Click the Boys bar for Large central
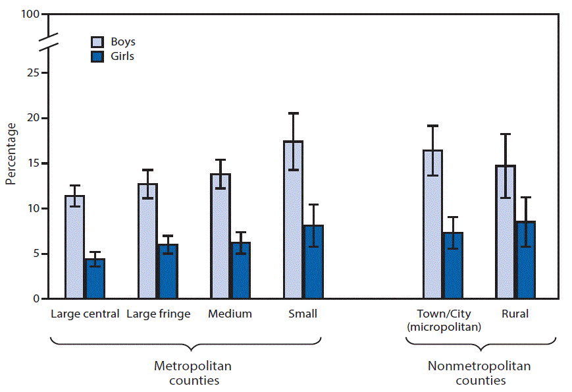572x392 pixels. click(74, 247)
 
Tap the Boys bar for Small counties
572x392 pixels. click(294, 220)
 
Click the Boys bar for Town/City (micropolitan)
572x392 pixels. click(432, 225)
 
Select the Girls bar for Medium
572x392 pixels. click(241, 271)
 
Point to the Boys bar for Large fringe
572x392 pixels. click(147, 241)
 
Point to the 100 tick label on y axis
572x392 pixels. click(30, 14)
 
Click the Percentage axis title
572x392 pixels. click(11, 153)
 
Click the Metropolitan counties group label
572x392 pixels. click(193, 373)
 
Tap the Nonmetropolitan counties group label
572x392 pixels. click(479, 373)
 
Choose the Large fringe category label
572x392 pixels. click(158, 314)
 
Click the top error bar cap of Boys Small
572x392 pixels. click(294, 113)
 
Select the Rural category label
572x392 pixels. click(515, 314)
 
